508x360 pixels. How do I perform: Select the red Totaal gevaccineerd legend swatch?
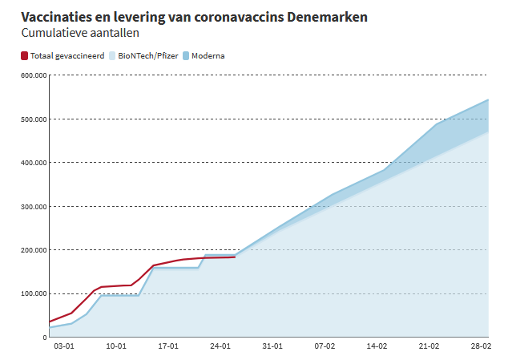coord(24,56)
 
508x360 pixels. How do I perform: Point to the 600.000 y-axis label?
coord(33,75)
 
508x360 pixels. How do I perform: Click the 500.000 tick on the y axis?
coord(33,119)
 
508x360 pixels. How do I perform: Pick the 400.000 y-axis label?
coord(33,163)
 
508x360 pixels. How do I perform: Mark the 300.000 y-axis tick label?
coord(33,206)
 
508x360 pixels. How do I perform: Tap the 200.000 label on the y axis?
coord(33,250)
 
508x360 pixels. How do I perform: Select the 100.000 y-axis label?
coord(33,293)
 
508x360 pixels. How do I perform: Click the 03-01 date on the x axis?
coord(64,347)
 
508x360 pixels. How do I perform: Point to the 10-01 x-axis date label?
coord(116,347)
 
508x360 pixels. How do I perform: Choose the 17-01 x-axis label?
coord(168,347)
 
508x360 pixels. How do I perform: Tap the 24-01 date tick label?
coord(220,347)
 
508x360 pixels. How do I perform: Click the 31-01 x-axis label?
coord(272,347)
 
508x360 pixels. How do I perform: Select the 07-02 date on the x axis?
coord(325,347)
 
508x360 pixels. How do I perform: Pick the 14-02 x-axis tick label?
coord(377,347)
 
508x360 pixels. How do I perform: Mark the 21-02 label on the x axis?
coord(429,347)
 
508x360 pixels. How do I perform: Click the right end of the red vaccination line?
coord(235,257)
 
